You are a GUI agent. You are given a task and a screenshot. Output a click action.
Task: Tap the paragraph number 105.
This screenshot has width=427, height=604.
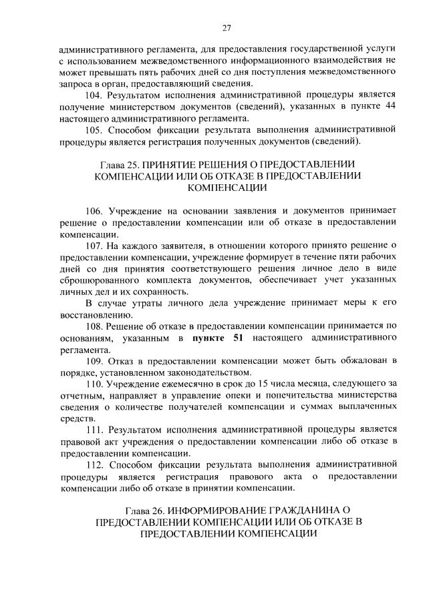point(95,127)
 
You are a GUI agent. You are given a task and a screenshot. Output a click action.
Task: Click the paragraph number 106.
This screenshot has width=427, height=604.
point(95,212)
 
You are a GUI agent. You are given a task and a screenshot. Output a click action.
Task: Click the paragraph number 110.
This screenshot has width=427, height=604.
point(95,386)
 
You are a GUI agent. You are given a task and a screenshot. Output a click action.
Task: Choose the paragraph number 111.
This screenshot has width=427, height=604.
point(95,429)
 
